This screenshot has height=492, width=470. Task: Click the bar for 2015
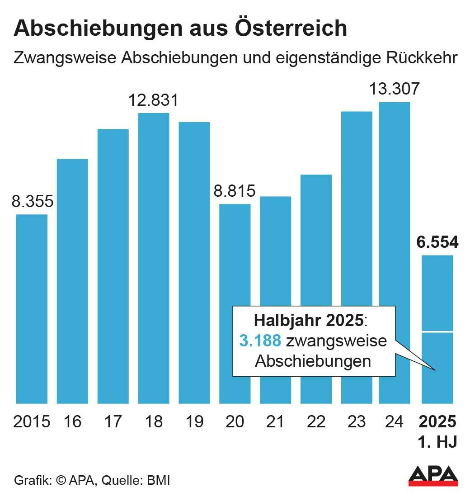click(x=32, y=308)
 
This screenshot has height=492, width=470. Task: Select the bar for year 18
click(x=154, y=258)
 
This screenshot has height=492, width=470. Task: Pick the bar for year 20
click(x=235, y=303)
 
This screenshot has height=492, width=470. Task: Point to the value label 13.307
click(x=394, y=89)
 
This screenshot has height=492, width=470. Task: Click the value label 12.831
click(x=154, y=100)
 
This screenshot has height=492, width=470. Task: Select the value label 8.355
click(x=32, y=201)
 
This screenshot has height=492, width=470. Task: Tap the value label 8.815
click(x=235, y=191)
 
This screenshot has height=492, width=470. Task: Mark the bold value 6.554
click(x=437, y=242)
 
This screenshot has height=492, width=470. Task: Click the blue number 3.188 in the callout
click(x=260, y=341)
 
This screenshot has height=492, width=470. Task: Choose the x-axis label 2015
click(x=32, y=421)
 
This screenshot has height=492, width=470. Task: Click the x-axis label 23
click(x=357, y=421)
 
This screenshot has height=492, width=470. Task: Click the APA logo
click(x=433, y=474)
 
